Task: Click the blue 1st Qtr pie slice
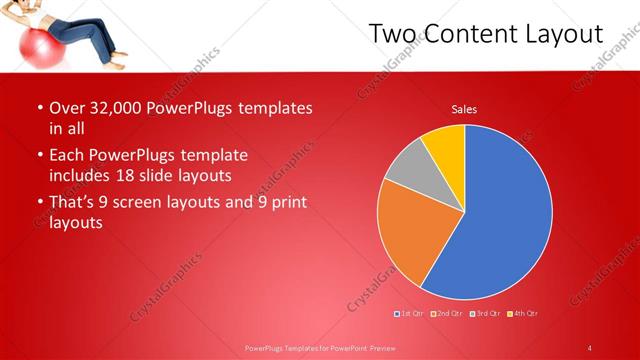click(x=500, y=220)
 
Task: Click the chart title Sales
click(x=464, y=109)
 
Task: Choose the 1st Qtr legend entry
click(x=409, y=314)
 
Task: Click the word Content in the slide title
click(x=468, y=34)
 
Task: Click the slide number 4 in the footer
click(x=590, y=348)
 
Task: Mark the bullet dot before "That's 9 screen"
click(x=39, y=204)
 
